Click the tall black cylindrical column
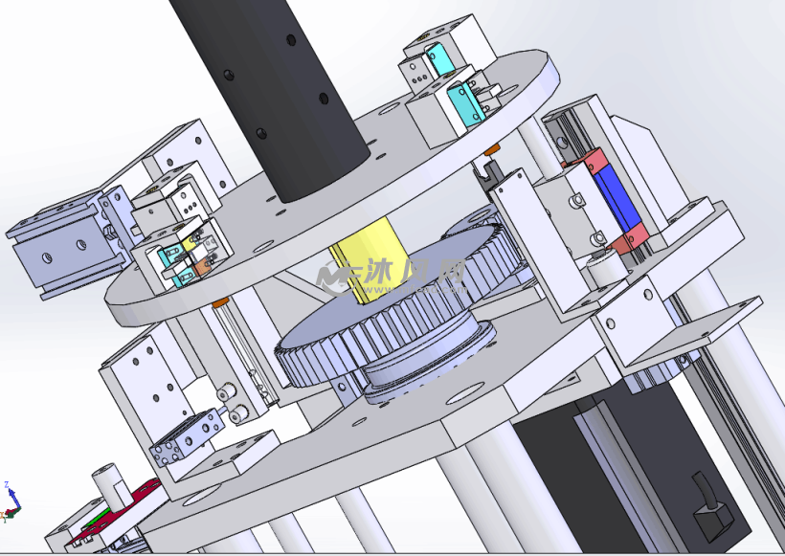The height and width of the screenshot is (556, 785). pos(278,96)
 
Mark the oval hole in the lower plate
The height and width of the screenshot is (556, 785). pos(463,392)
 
